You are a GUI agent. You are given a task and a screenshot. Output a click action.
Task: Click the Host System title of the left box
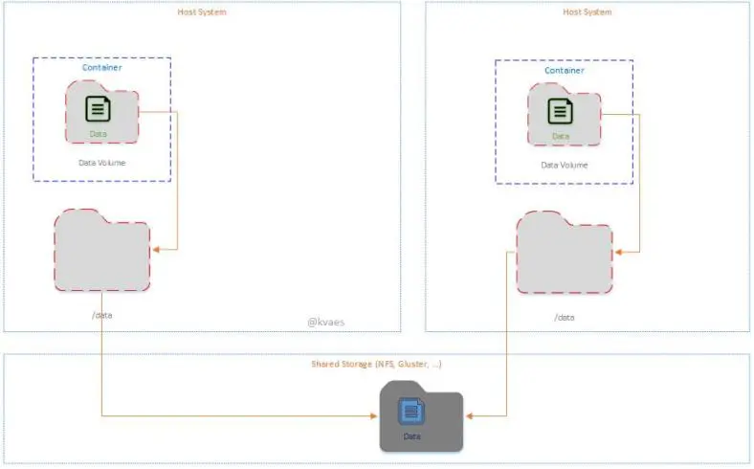pos(202,12)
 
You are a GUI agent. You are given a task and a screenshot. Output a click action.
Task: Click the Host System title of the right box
pos(587,12)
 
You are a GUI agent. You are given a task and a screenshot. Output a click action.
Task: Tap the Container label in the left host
pos(101,67)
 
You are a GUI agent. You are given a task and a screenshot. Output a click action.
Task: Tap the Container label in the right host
pos(564,70)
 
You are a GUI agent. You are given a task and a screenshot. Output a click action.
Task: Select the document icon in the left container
pos(98,108)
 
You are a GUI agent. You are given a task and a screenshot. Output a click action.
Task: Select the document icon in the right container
pos(561,111)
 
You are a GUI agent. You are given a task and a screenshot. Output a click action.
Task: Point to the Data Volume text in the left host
pos(101,163)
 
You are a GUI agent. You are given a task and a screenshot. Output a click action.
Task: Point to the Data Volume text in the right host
pos(564,165)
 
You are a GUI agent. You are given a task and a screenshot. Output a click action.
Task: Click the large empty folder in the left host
pos(102,252)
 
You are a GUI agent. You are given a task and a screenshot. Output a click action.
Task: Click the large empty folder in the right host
pos(565,254)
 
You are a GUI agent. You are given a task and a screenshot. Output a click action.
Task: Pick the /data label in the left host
pos(102,314)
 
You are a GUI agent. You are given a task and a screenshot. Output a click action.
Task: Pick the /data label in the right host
pos(565,316)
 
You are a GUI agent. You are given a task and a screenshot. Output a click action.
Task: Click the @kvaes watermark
pos(324,322)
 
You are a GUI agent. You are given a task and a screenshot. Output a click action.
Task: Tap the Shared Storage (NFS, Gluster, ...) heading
pos(376,365)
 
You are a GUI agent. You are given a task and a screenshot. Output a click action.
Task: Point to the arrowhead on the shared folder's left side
pos(375,416)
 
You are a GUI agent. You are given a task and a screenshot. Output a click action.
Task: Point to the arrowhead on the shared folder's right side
pos(468,416)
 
